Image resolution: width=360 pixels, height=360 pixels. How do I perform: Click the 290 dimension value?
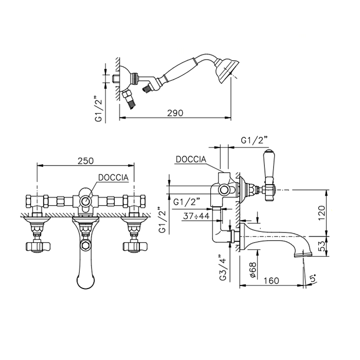point(175,113)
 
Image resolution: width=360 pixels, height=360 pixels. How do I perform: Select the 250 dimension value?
point(85,160)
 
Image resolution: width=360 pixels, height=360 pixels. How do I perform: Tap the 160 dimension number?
point(271,281)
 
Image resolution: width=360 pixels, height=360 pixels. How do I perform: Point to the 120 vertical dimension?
point(321,212)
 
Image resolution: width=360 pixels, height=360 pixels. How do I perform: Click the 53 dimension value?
point(322,246)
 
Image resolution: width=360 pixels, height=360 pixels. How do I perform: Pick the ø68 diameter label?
point(253,270)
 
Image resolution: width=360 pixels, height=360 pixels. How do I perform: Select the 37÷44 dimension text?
point(196,216)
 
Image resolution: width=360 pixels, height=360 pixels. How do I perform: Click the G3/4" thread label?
point(223,267)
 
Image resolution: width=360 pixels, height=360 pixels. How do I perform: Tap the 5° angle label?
point(313,278)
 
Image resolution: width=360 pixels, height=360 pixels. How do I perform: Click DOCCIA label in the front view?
point(113,177)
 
